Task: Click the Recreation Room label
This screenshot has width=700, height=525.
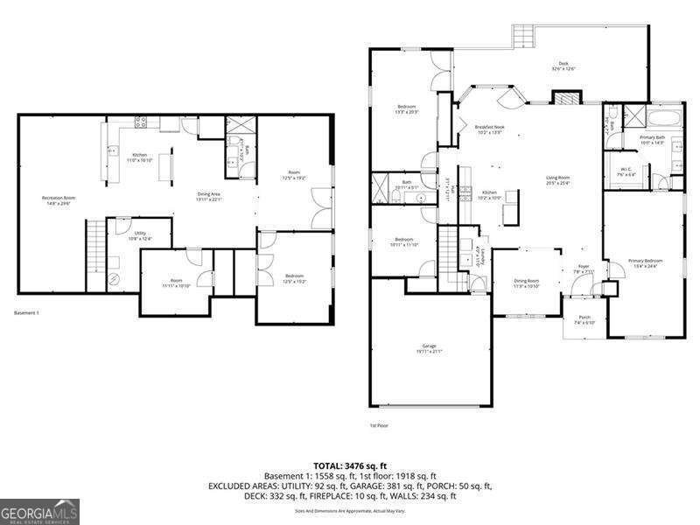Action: (x=59, y=199)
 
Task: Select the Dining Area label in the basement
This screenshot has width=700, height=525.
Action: (x=208, y=196)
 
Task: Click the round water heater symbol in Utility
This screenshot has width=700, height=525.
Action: (x=115, y=278)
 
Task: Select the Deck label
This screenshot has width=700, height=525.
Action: (x=566, y=65)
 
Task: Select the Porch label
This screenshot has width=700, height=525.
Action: (x=584, y=321)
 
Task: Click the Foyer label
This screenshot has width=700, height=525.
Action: (x=584, y=269)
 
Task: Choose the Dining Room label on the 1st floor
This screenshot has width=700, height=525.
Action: (x=526, y=283)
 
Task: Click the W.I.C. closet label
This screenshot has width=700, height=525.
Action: (x=627, y=171)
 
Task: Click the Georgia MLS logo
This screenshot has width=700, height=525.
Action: (x=40, y=509)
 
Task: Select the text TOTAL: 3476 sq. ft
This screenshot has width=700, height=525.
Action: (x=349, y=466)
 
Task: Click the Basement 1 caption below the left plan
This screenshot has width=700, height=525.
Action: (x=27, y=312)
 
